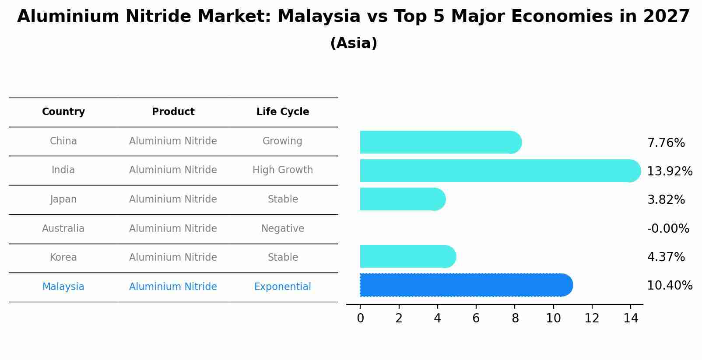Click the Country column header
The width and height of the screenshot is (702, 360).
[x=63, y=112]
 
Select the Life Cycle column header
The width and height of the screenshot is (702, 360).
[x=283, y=112]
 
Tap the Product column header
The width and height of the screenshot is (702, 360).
[x=173, y=112]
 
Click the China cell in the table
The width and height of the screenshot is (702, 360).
[x=63, y=141]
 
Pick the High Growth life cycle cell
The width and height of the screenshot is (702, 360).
[x=283, y=170]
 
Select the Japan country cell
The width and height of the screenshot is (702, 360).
[x=63, y=199]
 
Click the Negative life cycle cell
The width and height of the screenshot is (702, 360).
[x=283, y=229]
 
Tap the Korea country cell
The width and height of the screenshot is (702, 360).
[x=63, y=258]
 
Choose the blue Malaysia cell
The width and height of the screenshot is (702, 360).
[x=63, y=287]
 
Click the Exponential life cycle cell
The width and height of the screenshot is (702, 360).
[x=283, y=287]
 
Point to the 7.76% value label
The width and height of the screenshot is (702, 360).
[x=666, y=143]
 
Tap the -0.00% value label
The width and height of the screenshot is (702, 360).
[x=668, y=229]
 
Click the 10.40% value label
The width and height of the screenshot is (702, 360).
[x=670, y=286]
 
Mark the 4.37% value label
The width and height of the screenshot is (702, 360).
[x=666, y=257]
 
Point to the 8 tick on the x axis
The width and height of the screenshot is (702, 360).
[x=515, y=318]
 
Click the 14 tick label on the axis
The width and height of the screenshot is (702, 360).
[x=631, y=318]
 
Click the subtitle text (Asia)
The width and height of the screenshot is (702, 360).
[x=354, y=43]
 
